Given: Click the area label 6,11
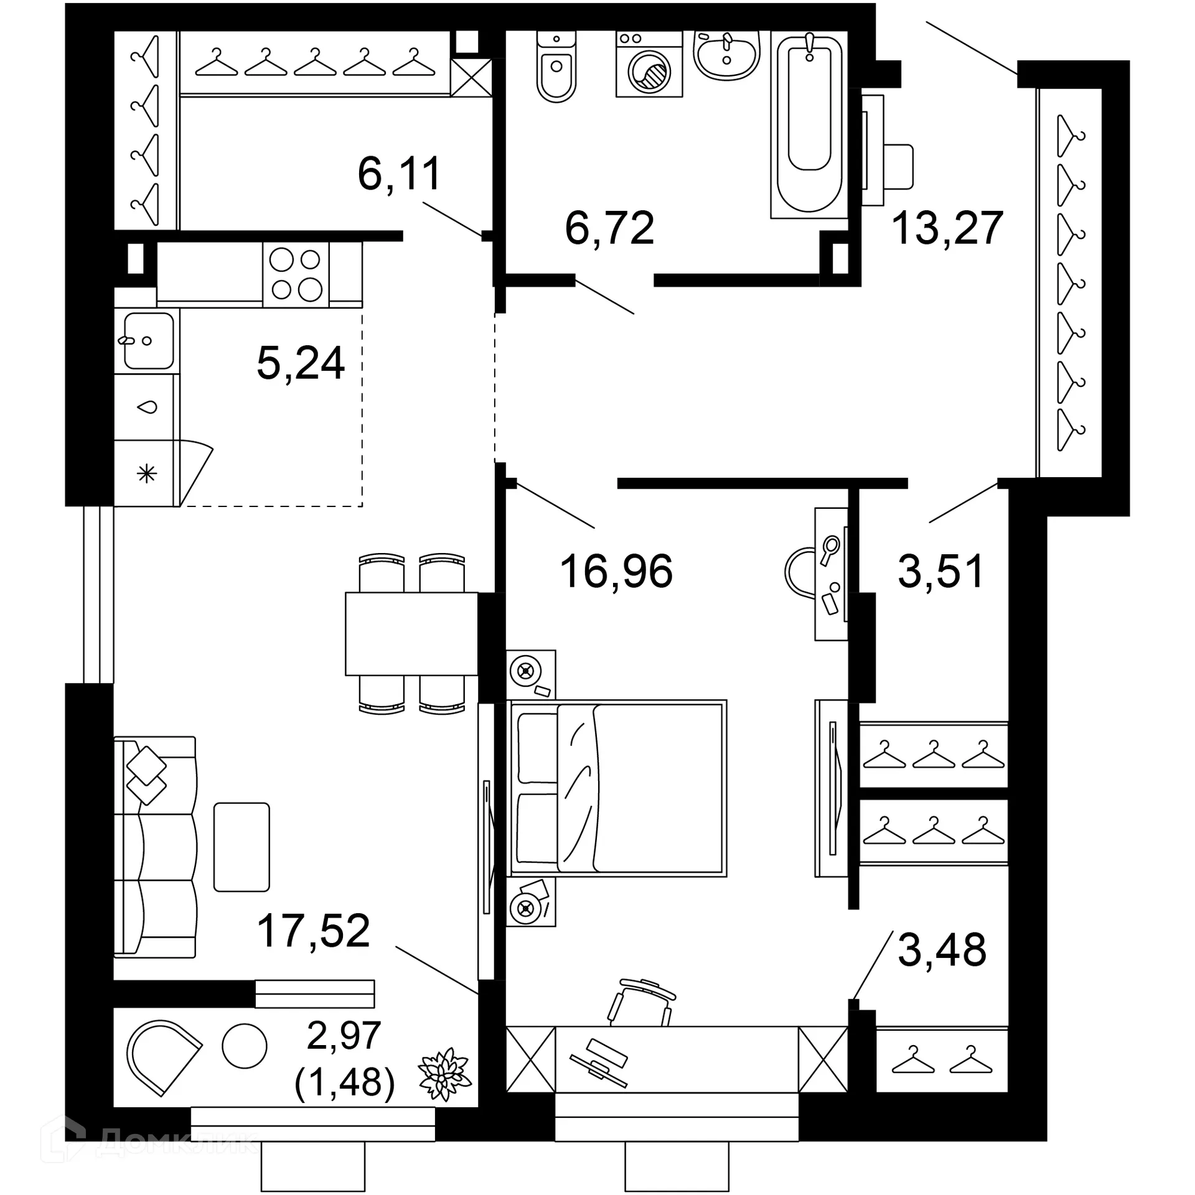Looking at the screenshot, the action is coord(400,174).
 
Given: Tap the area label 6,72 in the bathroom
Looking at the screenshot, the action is coord(609,228).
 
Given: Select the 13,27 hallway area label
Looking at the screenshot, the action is coord(947,228).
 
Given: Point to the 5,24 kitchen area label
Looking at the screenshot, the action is coord(301,363).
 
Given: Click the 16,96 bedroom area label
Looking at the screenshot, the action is coord(616,571).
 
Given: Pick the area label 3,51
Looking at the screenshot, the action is coord(940,571).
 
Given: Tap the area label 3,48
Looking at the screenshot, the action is coord(942,949).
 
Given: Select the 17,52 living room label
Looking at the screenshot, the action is coord(314,931).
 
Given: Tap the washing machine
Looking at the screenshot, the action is coord(649,65).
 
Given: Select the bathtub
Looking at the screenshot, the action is coord(809,124).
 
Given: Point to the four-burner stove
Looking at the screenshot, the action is coord(296,274).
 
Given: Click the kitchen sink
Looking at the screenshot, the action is coord(148,341).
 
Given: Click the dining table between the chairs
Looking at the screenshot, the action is coord(411,634).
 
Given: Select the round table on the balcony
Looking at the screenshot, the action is coord(245,1046).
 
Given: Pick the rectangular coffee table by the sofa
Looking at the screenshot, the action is coord(241,847).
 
